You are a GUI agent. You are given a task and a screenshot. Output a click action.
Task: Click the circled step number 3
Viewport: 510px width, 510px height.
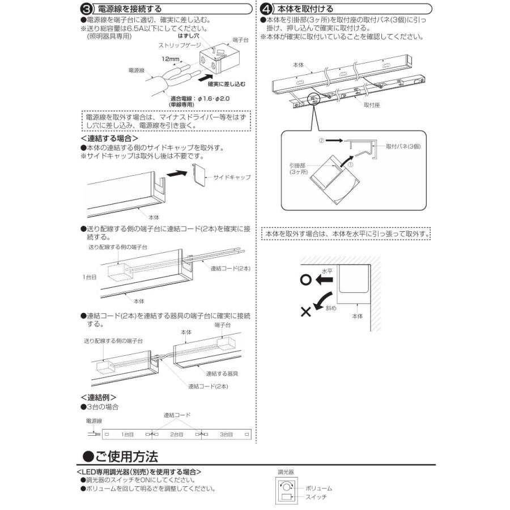[x=86, y=10]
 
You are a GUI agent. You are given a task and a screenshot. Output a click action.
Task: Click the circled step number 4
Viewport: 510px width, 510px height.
[x=265, y=10]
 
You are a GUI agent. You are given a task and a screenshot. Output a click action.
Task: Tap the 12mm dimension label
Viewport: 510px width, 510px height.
[x=169, y=59]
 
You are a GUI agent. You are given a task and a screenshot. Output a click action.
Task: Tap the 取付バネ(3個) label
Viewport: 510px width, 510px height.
[x=403, y=146]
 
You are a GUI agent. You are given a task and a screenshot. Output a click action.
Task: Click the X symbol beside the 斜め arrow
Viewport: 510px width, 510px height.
[x=306, y=311]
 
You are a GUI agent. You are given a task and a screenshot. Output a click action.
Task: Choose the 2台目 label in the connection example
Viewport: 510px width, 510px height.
[x=176, y=434]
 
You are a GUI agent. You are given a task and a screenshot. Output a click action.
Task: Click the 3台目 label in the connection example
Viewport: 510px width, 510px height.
[x=226, y=434]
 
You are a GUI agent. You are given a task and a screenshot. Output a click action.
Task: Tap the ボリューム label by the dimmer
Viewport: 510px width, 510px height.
[x=318, y=488]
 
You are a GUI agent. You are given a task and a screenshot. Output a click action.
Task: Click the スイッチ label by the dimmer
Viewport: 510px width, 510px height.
[x=316, y=497]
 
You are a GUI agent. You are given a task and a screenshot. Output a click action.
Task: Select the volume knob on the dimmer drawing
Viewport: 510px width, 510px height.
[x=287, y=486]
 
